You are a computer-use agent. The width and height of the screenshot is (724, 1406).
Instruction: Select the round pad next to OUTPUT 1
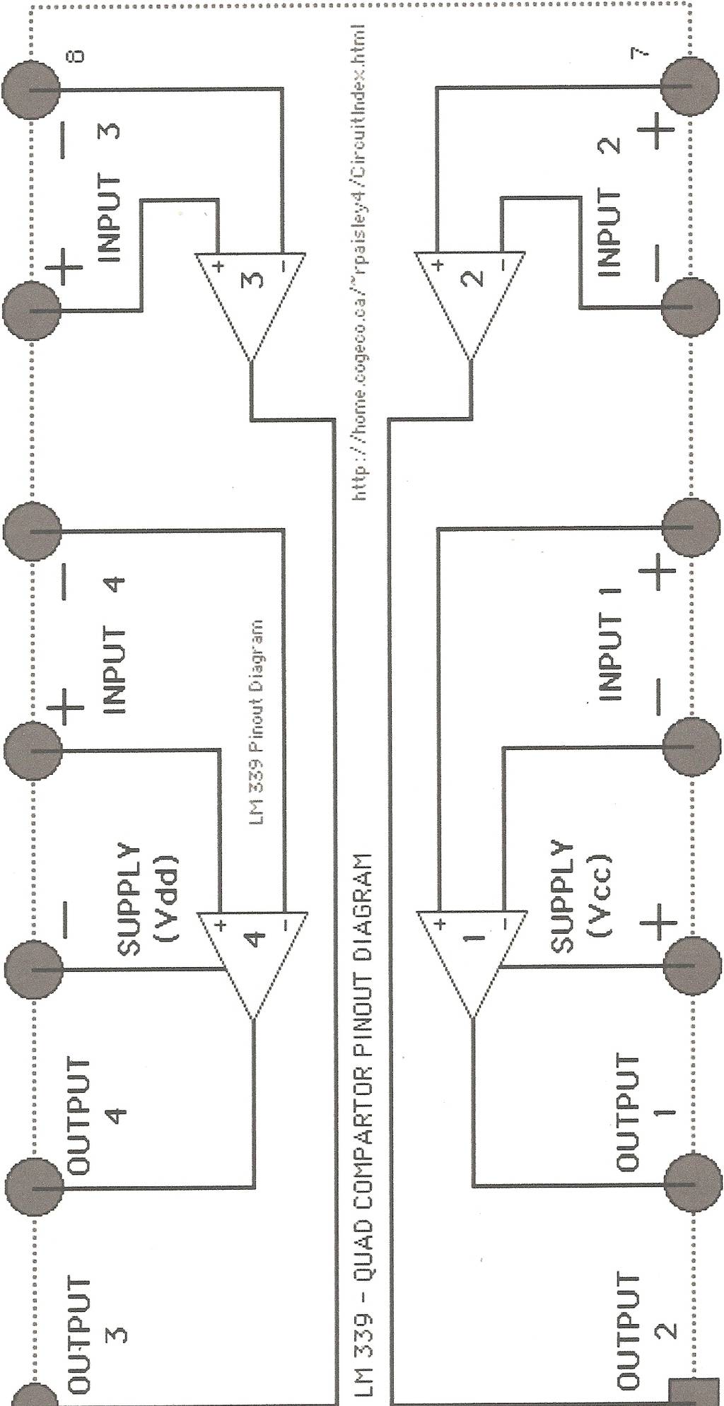pos(692,1183)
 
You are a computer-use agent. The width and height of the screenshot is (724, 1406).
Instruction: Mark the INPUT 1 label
pos(609,643)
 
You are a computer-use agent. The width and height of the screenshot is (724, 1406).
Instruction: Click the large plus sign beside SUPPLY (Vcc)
pos(658,922)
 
